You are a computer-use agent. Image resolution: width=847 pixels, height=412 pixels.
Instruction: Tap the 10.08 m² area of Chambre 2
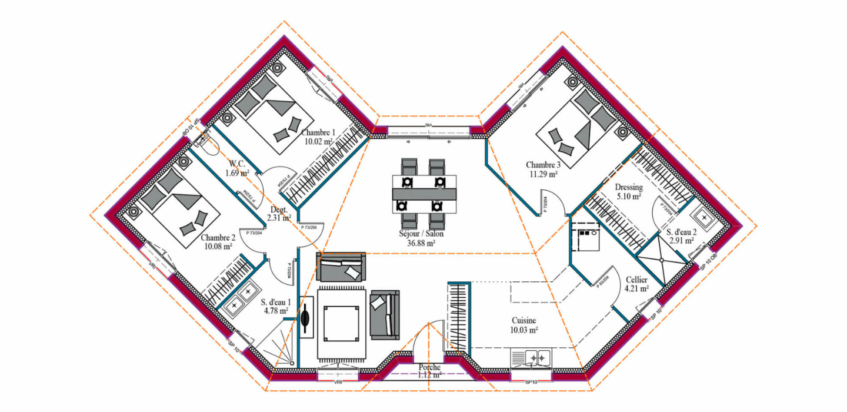[x=218, y=247]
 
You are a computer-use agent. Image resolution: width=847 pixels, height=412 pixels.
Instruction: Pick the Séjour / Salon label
[x=421, y=234]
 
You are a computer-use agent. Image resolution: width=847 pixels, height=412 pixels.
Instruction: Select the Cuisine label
[x=523, y=321]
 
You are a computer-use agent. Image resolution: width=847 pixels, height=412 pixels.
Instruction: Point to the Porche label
[x=429, y=367]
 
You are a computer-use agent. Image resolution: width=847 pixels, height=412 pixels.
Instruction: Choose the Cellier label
[x=636, y=280]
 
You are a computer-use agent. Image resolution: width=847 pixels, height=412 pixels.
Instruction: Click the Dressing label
[x=629, y=187]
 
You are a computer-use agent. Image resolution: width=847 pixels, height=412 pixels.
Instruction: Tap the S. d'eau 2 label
[x=681, y=232]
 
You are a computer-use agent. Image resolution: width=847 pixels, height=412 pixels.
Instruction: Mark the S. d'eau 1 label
[x=275, y=302]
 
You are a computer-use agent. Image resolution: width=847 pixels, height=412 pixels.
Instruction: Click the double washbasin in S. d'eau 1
[x=242, y=297]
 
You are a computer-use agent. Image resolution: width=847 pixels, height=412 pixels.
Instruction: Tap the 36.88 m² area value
[x=421, y=242]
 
